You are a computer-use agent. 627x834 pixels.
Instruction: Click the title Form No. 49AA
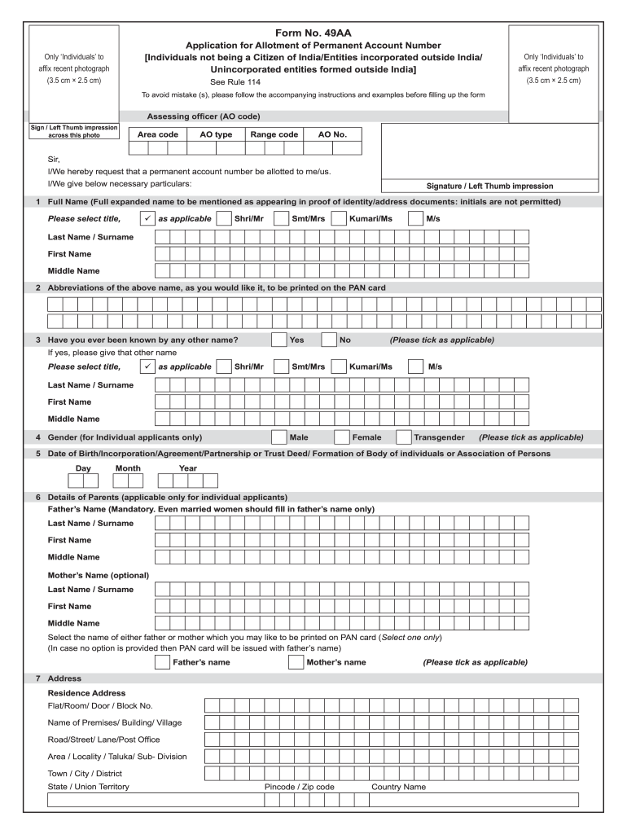pyautogui.click(x=313, y=33)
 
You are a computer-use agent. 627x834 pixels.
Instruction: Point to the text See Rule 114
pyautogui.click(x=235, y=82)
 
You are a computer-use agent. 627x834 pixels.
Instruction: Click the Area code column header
pyautogui.click(x=158, y=134)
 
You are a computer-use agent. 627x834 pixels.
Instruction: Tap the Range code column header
pyautogui.click(x=274, y=134)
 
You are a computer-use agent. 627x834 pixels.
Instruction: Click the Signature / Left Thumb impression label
pyautogui.click(x=489, y=186)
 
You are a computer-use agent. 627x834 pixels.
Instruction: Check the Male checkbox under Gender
pyautogui.click(x=278, y=437)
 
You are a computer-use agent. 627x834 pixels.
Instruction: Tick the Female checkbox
pyautogui.click(x=342, y=437)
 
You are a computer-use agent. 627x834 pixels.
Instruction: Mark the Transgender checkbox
pyautogui.click(x=404, y=437)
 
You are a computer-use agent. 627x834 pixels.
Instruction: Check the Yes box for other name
pyautogui.click(x=279, y=340)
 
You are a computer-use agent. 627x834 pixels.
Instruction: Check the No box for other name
pyautogui.click(x=329, y=340)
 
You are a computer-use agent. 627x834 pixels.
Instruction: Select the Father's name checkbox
pyautogui.click(x=162, y=662)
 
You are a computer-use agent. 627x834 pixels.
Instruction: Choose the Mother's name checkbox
pyautogui.click(x=296, y=662)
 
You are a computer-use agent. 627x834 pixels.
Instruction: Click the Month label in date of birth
pyautogui.click(x=128, y=468)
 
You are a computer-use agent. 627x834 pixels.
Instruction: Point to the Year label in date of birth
pyautogui.click(x=188, y=468)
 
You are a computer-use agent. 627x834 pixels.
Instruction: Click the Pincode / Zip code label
pyautogui.click(x=300, y=787)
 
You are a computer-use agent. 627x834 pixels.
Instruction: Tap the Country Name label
pyautogui.click(x=398, y=787)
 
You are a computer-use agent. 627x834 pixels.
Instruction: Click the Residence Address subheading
pyautogui.click(x=86, y=693)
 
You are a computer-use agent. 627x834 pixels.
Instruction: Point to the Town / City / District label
pyautogui.click(x=85, y=773)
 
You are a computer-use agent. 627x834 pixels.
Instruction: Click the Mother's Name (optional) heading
pyautogui.click(x=98, y=575)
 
